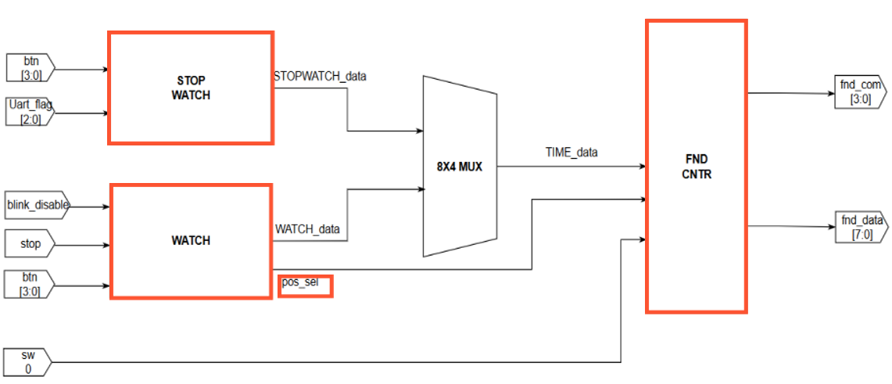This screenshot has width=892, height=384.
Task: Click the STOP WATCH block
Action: pos(191,88)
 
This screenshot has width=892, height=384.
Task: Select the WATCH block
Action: pos(191,241)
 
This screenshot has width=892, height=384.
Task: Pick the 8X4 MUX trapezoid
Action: pos(460,166)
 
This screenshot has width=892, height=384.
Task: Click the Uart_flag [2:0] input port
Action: pos(30,112)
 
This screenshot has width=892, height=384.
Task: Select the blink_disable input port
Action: pos(37,206)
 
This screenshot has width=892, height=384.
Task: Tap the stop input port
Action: pos(30,244)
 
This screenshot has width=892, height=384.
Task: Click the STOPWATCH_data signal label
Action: pos(320,77)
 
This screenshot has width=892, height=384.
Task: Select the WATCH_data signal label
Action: pos(307,229)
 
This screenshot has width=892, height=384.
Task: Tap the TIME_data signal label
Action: pos(571,153)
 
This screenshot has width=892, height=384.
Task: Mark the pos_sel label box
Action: pos(306,285)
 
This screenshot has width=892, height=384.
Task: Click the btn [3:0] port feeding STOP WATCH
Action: pos(30,68)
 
